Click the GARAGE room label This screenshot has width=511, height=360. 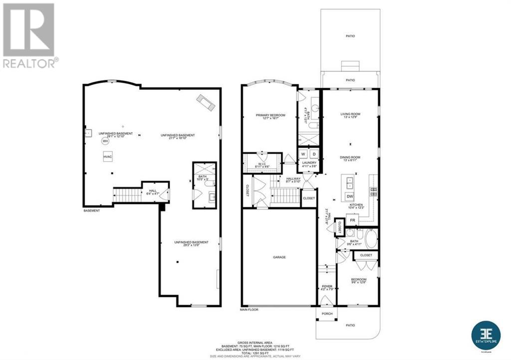279,257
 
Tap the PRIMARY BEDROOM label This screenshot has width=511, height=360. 270,115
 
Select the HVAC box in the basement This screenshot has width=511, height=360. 108,157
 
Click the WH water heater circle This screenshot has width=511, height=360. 105,141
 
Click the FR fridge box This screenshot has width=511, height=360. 352,220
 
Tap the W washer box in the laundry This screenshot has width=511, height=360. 303,154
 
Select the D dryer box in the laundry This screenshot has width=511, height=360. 314,154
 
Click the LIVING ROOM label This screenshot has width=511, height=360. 350,114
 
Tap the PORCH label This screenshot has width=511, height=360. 327,314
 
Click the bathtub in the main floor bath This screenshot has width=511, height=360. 371,239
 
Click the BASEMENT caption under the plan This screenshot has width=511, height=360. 91,210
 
